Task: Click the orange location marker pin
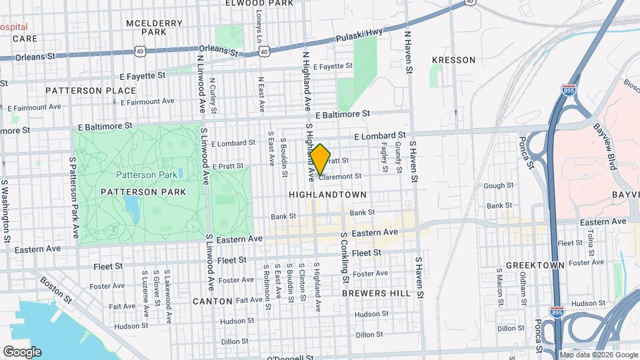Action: (320, 159)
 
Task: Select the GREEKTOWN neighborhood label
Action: (531, 265)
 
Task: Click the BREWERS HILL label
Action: (371, 293)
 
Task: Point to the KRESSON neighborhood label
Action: (454, 60)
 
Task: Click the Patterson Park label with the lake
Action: (147, 175)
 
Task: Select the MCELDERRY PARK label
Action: (154, 27)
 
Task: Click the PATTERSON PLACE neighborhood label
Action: (81, 90)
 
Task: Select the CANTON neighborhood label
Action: (212, 301)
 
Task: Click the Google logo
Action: (22, 351)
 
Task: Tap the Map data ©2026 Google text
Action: (598, 355)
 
